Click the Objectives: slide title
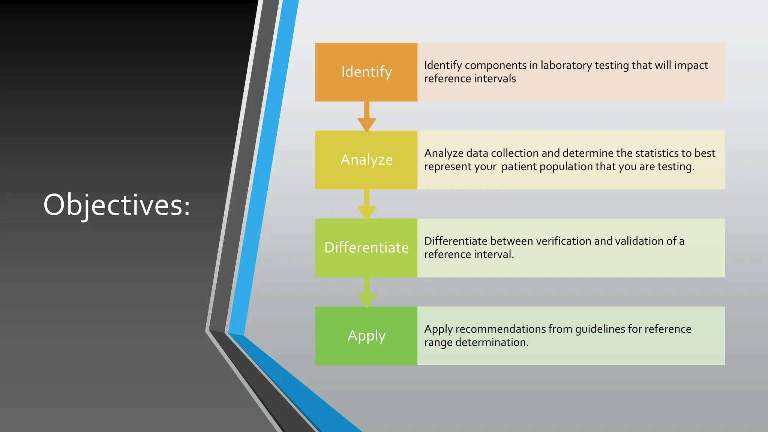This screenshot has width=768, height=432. click(x=117, y=205)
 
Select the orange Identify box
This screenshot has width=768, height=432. click(x=366, y=72)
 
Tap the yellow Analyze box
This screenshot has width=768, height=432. click(x=366, y=160)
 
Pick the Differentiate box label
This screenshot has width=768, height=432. click(x=366, y=248)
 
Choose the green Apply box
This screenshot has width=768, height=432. click(x=366, y=336)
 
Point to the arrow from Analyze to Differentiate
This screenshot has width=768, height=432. click(x=367, y=205)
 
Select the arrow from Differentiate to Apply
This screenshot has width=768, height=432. click(x=367, y=293)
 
